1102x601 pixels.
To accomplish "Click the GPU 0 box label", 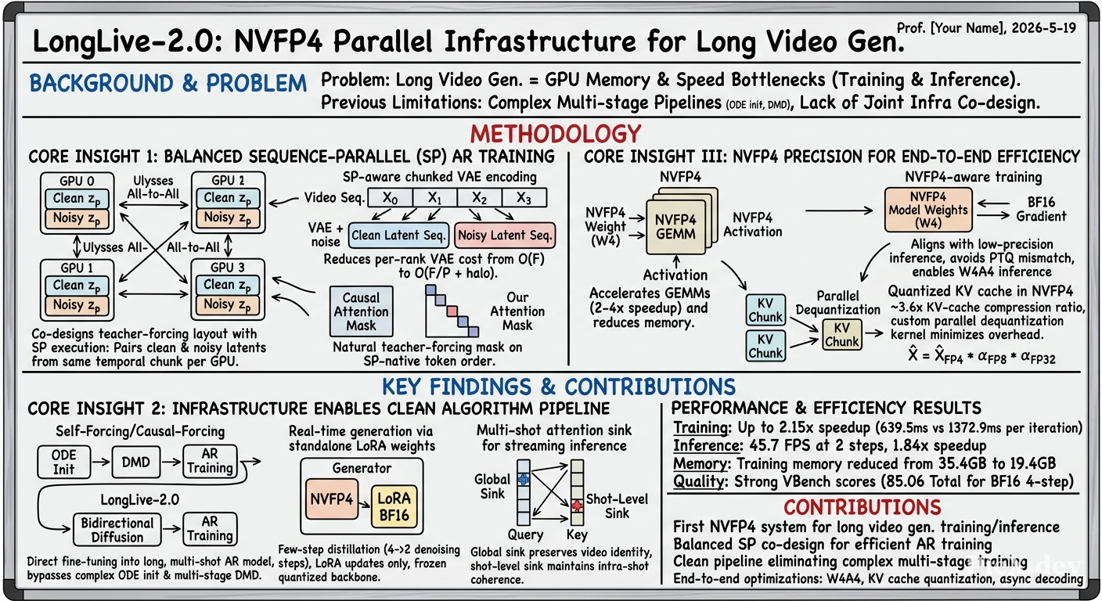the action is point(77,181).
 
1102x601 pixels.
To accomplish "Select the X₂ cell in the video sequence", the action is point(480,198).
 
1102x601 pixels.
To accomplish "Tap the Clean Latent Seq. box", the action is point(399,235).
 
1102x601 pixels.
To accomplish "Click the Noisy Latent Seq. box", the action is point(505,235).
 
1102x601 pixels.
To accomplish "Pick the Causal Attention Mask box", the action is point(361,311).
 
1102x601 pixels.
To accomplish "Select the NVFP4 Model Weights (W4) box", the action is point(927,210).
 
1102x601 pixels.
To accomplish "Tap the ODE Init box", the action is point(64,462).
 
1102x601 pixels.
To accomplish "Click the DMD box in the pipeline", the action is point(135,462).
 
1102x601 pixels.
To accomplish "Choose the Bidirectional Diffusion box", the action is point(117,530).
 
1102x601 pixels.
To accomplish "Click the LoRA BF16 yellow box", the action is point(394,506).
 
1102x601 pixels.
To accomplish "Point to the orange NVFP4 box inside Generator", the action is point(332,499).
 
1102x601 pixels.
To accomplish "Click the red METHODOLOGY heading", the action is point(556,134).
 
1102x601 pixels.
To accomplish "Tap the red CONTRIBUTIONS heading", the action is point(863,507).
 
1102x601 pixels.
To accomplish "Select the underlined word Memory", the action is point(700,464).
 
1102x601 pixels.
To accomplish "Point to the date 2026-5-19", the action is point(1044,28).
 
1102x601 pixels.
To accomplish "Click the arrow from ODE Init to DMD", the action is point(101,462).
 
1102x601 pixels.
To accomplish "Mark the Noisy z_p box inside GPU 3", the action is point(227,304).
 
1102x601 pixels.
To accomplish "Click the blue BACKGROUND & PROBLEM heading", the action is point(167,83).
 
